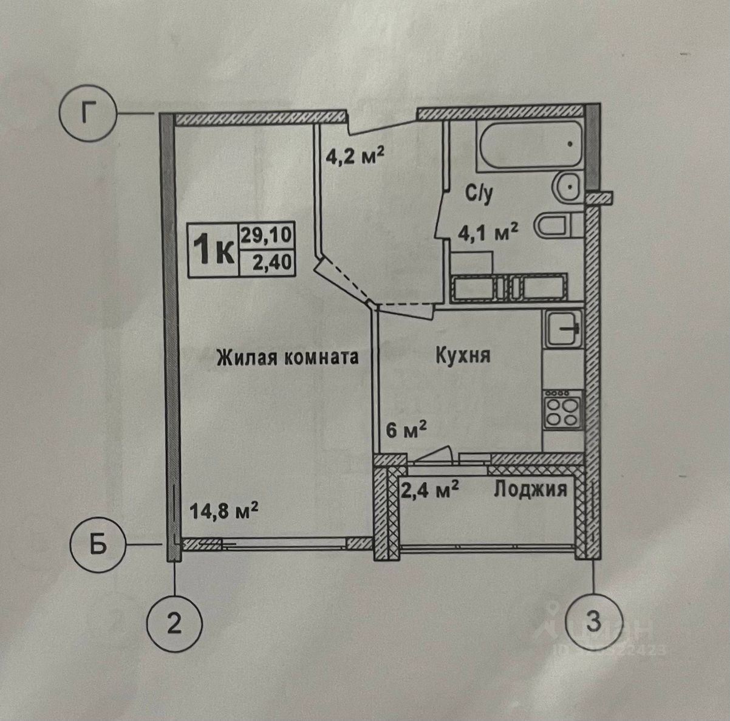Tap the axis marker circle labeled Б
[98, 545]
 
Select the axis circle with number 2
[174, 623]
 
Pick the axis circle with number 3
[593, 622]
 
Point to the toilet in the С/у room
[553, 225]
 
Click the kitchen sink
[563, 329]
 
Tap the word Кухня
[463, 355]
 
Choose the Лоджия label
[530, 488]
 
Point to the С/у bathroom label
[480, 195]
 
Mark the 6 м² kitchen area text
[406, 431]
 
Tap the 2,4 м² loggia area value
[429, 489]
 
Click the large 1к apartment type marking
[213, 249]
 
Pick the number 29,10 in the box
[267, 234]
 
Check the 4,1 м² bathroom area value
[487, 231]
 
